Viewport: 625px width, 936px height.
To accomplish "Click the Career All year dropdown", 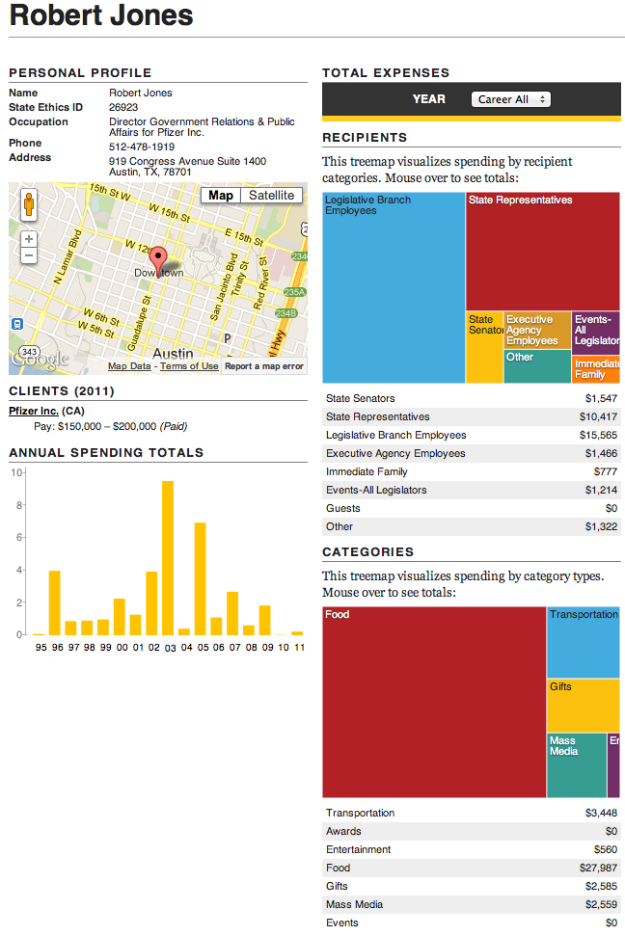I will tap(511, 99).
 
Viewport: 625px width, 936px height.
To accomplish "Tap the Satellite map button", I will tap(271, 196).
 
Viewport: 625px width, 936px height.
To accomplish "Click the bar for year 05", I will tap(201, 578).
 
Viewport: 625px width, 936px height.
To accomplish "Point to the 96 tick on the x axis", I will tap(55, 648).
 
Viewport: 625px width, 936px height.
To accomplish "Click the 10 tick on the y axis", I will tap(15, 472).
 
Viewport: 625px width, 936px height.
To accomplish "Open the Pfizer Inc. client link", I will tap(34, 411).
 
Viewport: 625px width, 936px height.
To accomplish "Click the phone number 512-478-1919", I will tap(142, 147).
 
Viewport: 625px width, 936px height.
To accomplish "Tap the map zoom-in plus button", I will tap(29, 238).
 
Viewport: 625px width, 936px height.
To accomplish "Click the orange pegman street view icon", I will tap(29, 205).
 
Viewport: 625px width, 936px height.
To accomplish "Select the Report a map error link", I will tap(264, 366).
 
